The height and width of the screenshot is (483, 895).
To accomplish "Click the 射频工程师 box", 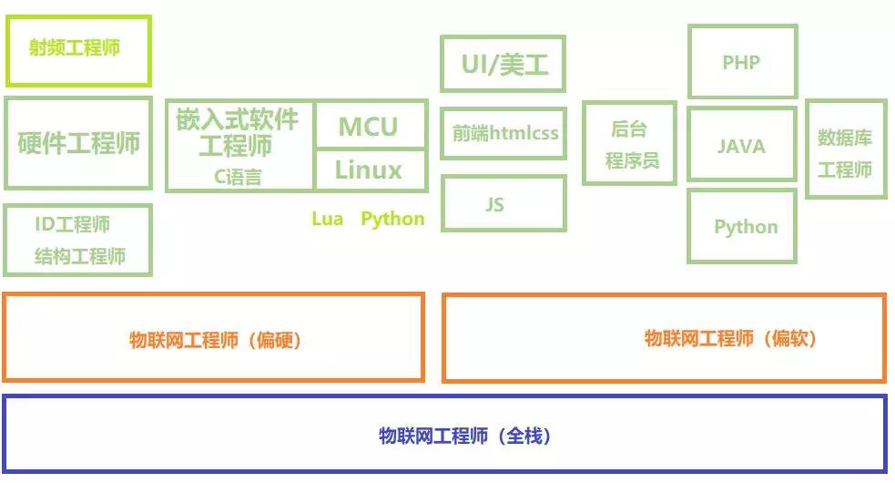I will (x=78, y=49).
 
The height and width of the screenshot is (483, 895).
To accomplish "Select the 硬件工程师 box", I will (x=78, y=143).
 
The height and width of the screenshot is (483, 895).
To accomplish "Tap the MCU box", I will (x=370, y=126).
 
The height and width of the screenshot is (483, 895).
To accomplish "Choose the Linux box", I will (x=370, y=170).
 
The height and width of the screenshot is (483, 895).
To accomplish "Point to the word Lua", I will (x=327, y=219).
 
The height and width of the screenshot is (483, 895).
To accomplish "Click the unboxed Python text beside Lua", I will (x=392, y=219).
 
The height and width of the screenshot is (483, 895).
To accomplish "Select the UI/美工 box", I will (x=503, y=64).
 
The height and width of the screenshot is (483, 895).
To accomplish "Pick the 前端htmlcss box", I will (x=503, y=133).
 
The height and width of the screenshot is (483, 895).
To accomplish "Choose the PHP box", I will (x=742, y=62).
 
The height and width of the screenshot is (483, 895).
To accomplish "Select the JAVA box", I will (x=742, y=145).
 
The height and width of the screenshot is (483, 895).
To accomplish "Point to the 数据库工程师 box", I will (x=846, y=150).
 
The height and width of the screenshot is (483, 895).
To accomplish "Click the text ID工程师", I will (x=73, y=224).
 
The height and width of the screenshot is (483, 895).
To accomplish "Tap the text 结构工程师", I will (x=80, y=256).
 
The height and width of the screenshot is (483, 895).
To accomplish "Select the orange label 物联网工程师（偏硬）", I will (x=215, y=340).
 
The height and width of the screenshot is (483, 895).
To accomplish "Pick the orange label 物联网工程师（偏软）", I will (x=731, y=338).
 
